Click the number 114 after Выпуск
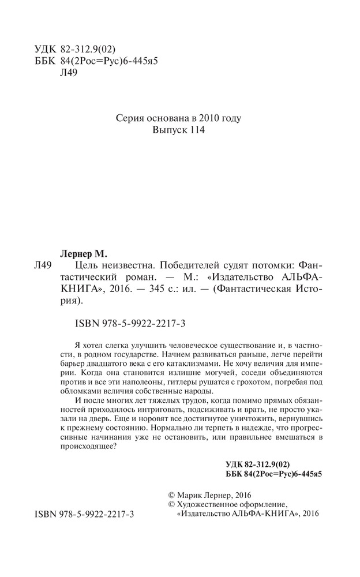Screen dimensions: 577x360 point(197,132)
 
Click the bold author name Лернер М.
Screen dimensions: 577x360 point(88,252)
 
